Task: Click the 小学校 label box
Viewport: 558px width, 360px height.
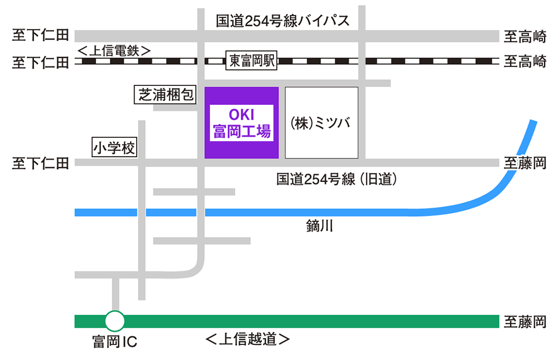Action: tap(114, 148)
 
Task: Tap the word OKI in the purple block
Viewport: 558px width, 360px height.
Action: tap(241, 116)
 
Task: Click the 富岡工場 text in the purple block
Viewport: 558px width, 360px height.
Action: tap(241, 132)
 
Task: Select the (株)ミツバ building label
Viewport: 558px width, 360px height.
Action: tap(321, 123)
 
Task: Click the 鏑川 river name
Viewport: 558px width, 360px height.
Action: tap(319, 226)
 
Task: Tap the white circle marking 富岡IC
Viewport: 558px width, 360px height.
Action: tap(115, 321)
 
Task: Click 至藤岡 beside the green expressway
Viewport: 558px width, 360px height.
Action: tap(525, 321)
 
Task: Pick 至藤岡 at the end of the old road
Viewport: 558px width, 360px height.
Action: tap(525, 163)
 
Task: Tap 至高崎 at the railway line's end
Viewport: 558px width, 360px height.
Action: tap(525, 61)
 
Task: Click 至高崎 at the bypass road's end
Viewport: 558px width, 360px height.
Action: tap(525, 37)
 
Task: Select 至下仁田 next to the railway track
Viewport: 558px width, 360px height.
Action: tap(40, 61)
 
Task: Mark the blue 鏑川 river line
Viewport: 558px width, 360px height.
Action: tap(279, 213)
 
